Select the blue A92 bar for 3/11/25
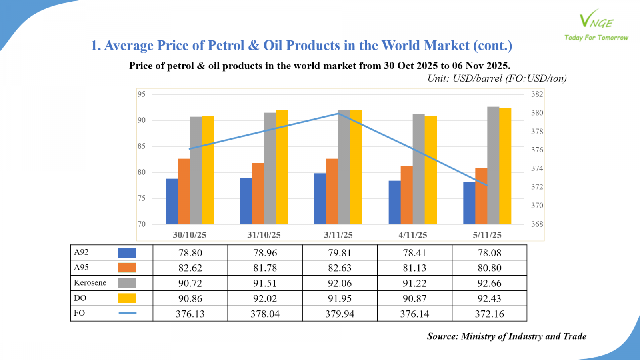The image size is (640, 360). [x=320, y=199]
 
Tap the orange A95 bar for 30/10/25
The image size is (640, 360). [x=184, y=191]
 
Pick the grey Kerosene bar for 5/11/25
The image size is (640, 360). [x=493, y=165]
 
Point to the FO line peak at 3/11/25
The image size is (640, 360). [x=339, y=114]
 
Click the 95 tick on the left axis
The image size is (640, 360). [x=142, y=94]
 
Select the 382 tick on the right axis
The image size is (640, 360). [x=537, y=94]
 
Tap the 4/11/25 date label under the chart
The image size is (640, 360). [x=413, y=235]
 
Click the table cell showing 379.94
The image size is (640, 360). [x=340, y=314]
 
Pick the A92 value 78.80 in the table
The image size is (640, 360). [x=190, y=253]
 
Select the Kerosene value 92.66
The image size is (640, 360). [x=489, y=283]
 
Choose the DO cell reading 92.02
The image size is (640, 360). [x=265, y=298]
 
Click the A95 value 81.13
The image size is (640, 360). [x=414, y=268]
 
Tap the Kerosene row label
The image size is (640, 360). [x=90, y=283]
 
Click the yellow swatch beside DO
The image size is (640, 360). [x=126, y=298]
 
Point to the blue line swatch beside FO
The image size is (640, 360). [x=127, y=313]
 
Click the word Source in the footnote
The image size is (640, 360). [x=442, y=336]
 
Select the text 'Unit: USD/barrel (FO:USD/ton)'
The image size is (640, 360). [x=497, y=78]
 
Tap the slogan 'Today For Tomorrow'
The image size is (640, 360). [x=596, y=38]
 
